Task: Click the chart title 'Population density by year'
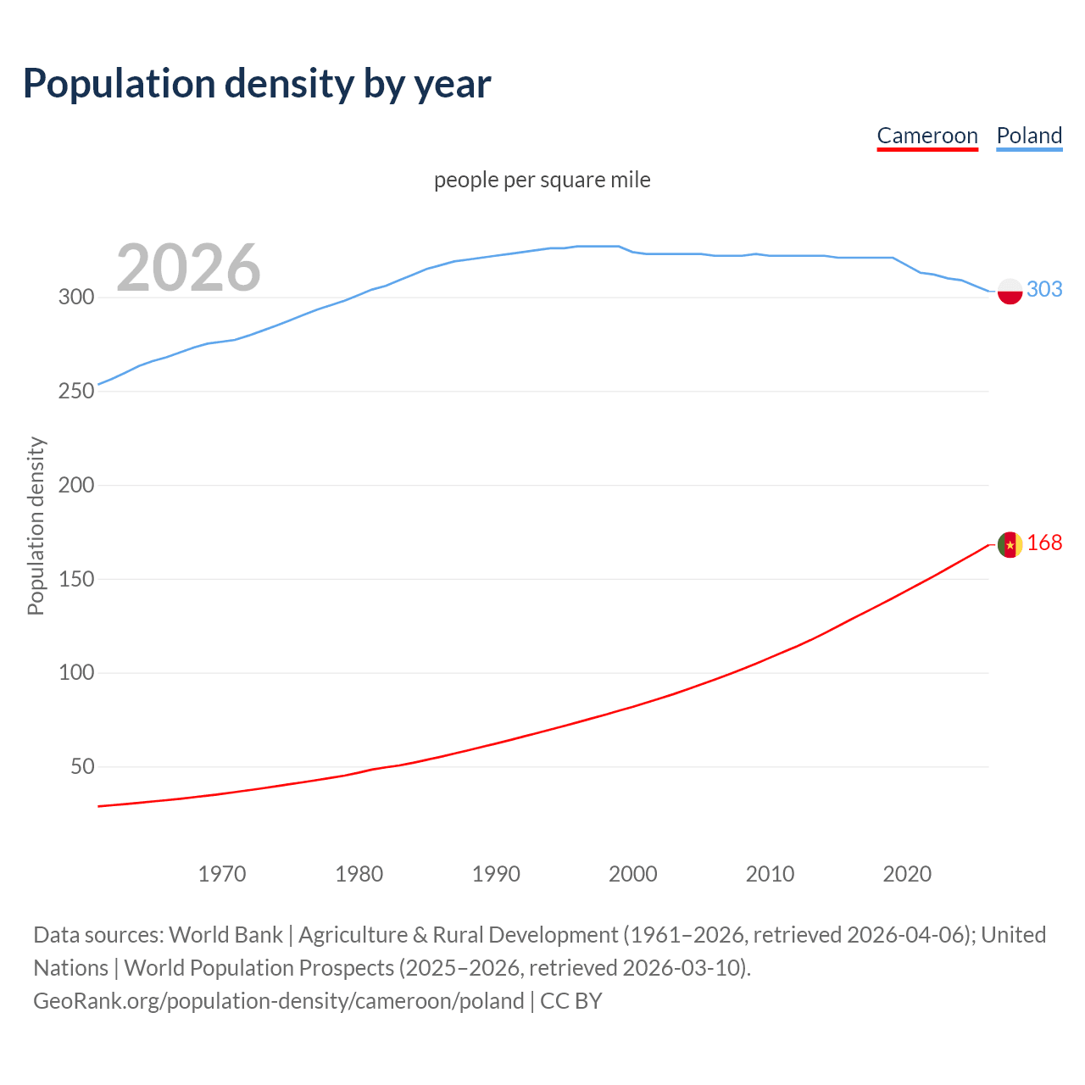tap(257, 83)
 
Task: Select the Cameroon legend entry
tap(927, 136)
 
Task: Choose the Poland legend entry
tap(1029, 136)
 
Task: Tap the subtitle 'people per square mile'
tap(542, 180)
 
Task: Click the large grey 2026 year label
tap(188, 268)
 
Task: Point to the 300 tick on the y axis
tap(75, 298)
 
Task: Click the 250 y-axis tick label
tap(75, 392)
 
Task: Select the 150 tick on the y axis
tap(75, 580)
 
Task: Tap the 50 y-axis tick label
tap(82, 767)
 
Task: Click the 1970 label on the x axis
tap(222, 874)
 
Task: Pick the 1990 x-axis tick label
tap(496, 874)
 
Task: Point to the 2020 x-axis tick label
tap(907, 874)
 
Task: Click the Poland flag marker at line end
tap(1010, 291)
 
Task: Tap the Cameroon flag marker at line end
tap(1010, 544)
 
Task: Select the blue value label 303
tap(1044, 290)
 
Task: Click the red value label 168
tap(1044, 543)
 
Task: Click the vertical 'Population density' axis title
tap(36, 526)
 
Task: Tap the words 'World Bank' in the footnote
tap(225, 935)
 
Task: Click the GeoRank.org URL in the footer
tap(278, 1001)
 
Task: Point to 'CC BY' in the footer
tap(570, 1001)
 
